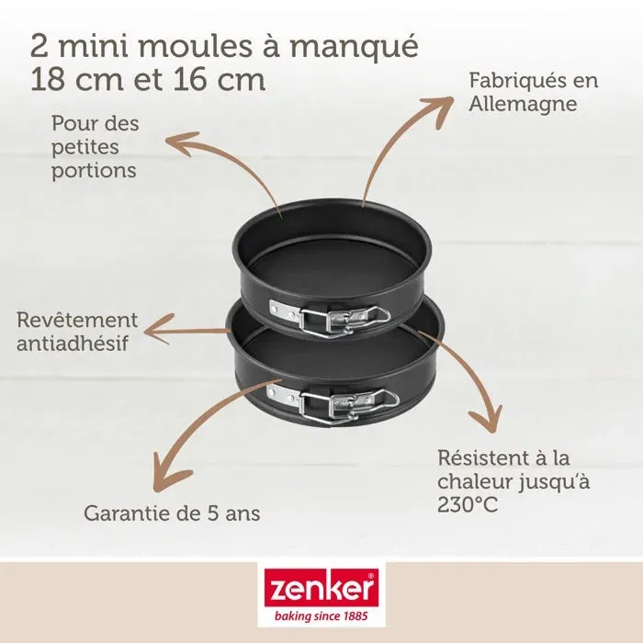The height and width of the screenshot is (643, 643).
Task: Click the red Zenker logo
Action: (320, 587)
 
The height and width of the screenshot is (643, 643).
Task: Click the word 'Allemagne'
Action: (522, 104)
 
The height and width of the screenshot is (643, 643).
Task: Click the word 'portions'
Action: (94, 170)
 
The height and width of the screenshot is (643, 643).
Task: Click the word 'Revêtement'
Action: (78, 321)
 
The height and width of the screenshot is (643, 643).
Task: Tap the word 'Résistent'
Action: (484, 457)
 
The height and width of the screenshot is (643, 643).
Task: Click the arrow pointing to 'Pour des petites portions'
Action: (230, 165)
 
